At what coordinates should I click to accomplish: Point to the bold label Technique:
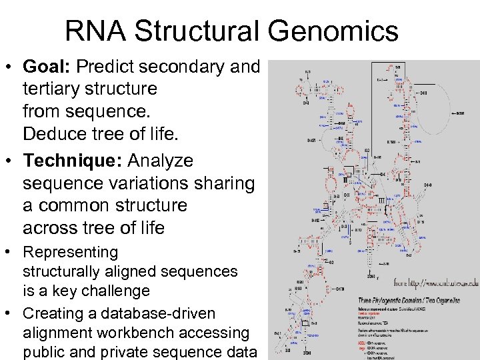pos(72,161)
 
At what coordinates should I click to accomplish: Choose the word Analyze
pos(160,161)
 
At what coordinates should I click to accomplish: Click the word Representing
pos(70,253)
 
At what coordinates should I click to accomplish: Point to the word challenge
pos(116,291)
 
